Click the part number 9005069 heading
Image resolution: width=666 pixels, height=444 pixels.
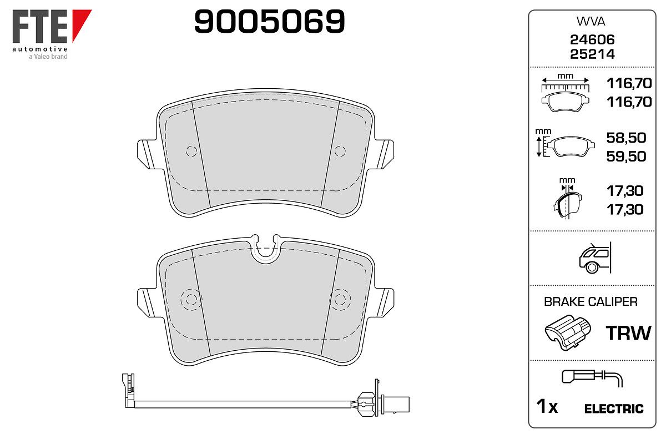click(x=269, y=21)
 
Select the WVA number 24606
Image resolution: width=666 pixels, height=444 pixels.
click(x=592, y=39)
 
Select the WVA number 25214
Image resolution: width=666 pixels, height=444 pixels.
click(x=592, y=54)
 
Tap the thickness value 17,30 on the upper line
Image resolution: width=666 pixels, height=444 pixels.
click(x=625, y=191)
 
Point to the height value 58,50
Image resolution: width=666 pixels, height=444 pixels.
click(x=626, y=138)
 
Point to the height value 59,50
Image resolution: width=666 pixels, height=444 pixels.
click(x=626, y=157)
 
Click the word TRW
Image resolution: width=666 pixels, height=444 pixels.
click(x=628, y=333)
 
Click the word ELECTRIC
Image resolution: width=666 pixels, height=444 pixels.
click(x=614, y=408)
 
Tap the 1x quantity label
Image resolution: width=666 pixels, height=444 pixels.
click(x=547, y=406)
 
